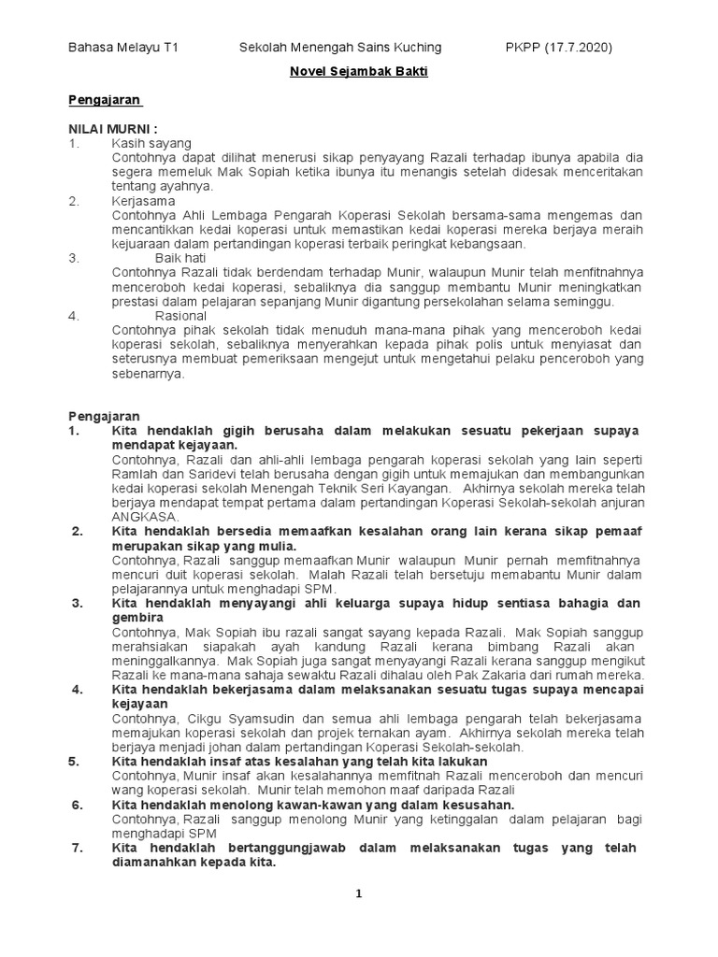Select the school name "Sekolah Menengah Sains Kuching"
pyautogui.click(x=340, y=47)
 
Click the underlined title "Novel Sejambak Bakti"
pyautogui.click(x=358, y=72)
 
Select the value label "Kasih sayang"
pyautogui.click(x=151, y=143)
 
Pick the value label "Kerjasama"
pyautogui.click(x=143, y=200)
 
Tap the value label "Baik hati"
pyautogui.click(x=180, y=257)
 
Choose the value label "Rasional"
pyautogui.click(x=180, y=316)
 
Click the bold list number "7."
pyautogui.click(x=79, y=848)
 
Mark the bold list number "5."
pyautogui.click(x=75, y=762)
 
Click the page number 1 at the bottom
pyautogui.click(x=358, y=894)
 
